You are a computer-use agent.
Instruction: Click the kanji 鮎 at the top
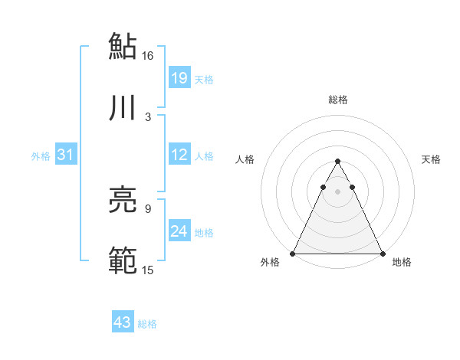click(x=123, y=46)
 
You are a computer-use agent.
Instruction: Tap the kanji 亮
click(x=123, y=201)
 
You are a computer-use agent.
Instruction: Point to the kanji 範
click(x=123, y=260)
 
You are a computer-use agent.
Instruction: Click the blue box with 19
click(x=179, y=77)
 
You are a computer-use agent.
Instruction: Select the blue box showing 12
click(x=179, y=155)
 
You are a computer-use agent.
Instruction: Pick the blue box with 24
click(x=179, y=231)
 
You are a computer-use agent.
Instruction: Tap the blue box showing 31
click(x=66, y=155)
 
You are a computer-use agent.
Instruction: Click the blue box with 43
click(x=123, y=322)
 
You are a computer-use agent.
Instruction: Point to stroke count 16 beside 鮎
click(x=148, y=56)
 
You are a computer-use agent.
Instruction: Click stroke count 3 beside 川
click(x=148, y=116)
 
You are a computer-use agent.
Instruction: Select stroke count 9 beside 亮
click(x=148, y=208)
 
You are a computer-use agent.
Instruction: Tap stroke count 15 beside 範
click(x=148, y=270)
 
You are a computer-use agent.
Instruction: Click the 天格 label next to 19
click(x=204, y=79)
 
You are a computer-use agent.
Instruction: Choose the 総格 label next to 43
click(x=147, y=324)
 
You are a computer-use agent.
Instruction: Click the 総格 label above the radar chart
click(x=338, y=100)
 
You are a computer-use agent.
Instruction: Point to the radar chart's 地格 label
click(x=402, y=262)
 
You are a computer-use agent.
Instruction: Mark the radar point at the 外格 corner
click(x=294, y=253)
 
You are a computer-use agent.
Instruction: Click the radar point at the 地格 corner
click(x=382, y=253)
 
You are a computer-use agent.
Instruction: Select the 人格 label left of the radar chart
click(x=245, y=159)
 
